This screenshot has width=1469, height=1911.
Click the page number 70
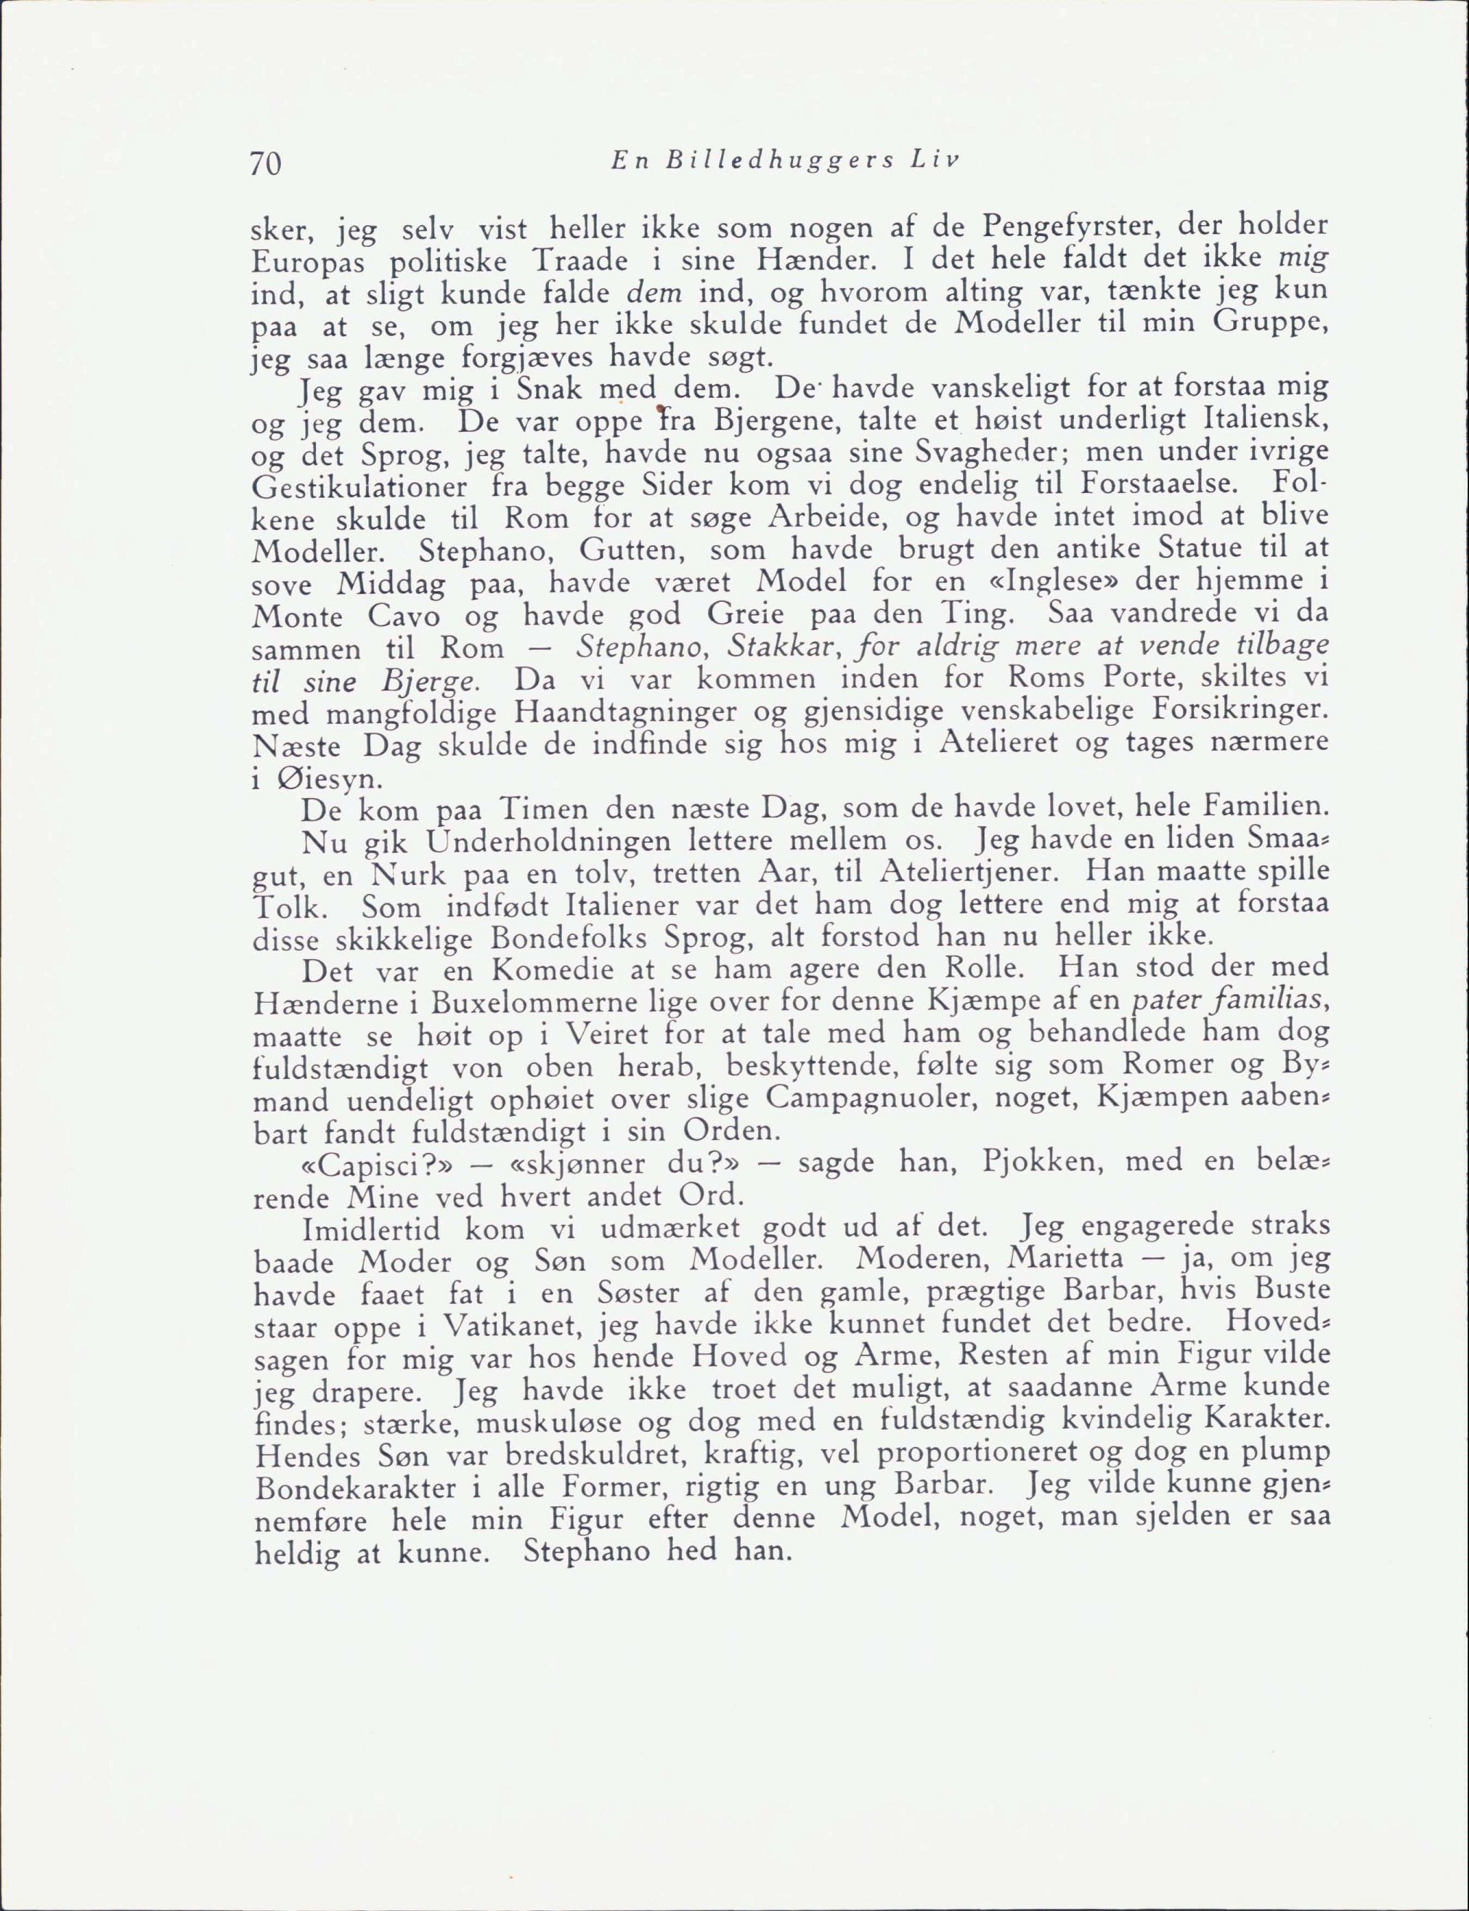coord(265,163)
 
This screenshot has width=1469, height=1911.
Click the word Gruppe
coord(1271,325)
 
